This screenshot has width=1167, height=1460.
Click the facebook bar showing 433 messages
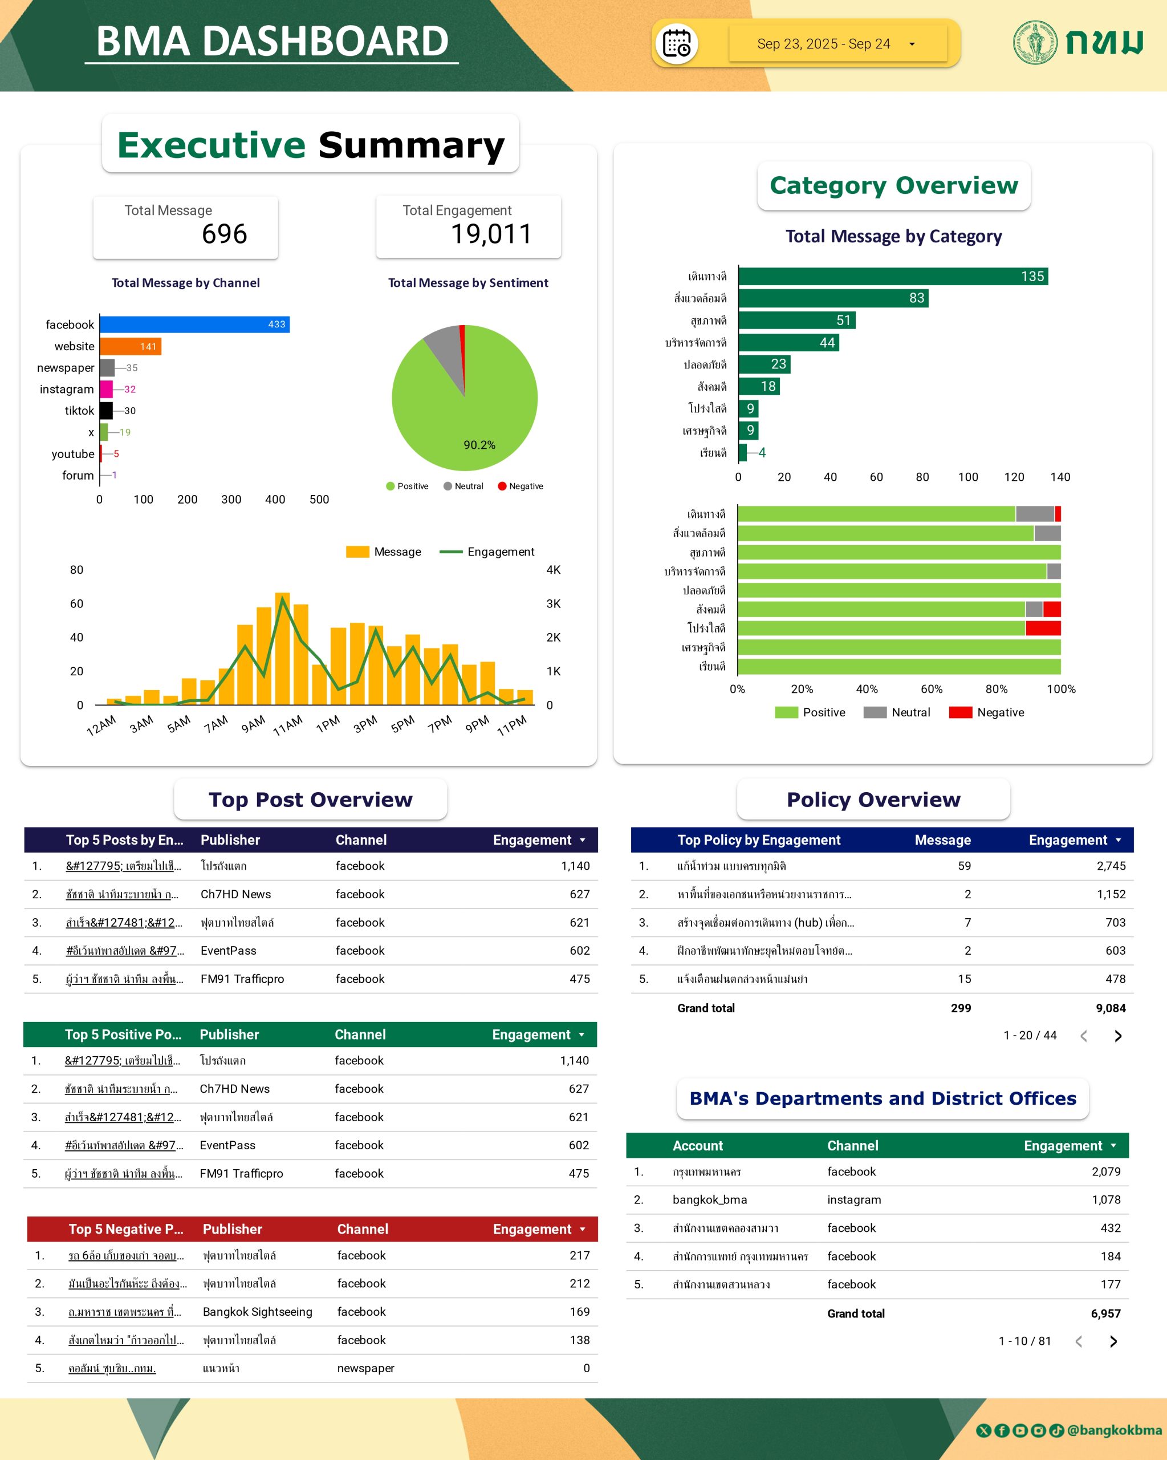click(x=194, y=325)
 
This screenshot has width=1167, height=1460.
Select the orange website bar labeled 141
click(x=130, y=346)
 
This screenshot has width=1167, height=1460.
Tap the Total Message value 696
click(x=224, y=234)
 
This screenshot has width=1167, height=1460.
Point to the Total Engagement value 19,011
click(x=491, y=234)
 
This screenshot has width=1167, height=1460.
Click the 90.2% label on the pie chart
click(x=479, y=445)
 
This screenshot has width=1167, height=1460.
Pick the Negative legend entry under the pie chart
click(x=521, y=486)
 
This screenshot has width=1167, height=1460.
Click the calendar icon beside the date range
click(x=676, y=44)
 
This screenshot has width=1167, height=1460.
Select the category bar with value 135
click(x=892, y=276)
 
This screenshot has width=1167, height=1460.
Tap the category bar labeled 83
click(x=832, y=298)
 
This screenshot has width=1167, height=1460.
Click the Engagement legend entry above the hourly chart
click(x=487, y=552)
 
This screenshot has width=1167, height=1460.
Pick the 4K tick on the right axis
click(x=553, y=570)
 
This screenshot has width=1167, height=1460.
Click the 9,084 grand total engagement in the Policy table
click(x=1110, y=1008)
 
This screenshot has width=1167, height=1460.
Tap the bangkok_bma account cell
click(x=709, y=1199)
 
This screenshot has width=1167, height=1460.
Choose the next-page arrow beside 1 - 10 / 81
click(x=1113, y=1341)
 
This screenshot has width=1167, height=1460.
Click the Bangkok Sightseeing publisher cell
click(x=257, y=1312)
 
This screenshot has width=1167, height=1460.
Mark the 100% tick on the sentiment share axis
click(x=1061, y=690)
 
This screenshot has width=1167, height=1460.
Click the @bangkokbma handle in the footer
click(x=1113, y=1430)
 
